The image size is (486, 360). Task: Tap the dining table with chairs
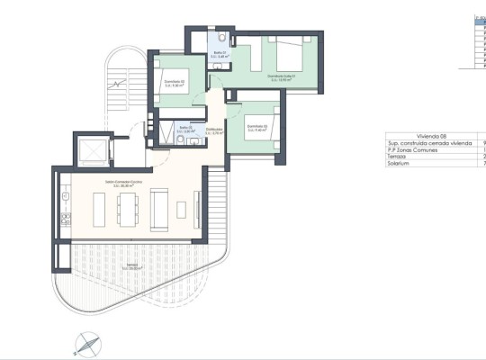(125, 207)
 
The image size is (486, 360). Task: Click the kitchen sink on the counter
(65, 220)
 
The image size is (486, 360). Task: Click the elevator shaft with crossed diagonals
(91, 148)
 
